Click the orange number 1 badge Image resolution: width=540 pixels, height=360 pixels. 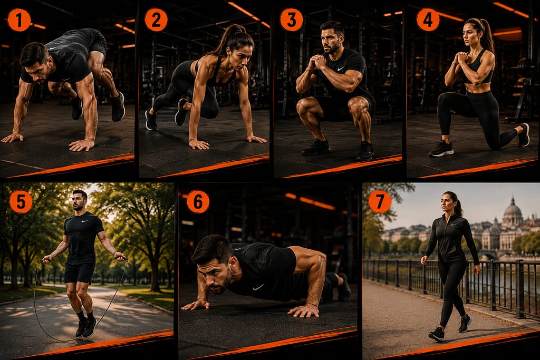[x=19, y=20]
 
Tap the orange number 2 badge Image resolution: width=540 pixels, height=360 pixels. [x=156, y=20]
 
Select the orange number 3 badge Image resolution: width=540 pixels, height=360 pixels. [x=292, y=20]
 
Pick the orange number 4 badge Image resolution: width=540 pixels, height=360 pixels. [x=428, y=20]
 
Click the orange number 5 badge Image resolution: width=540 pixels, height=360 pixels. [x=21, y=202]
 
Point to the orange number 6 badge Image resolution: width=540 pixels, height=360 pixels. [x=198, y=202]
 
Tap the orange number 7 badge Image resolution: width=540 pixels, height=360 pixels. [x=380, y=202]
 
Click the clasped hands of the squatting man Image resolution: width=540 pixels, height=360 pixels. [x=316, y=62]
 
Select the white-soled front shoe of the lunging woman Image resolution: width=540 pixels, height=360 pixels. [x=441, y=149]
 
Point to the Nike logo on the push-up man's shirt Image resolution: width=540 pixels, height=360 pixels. [x=258, y=287]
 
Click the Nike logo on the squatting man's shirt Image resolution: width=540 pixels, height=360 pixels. [x=340, y=69]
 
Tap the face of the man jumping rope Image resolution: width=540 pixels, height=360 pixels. [x=79, y=202]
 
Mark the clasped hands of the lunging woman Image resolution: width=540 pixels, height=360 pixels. [x=461, y=58]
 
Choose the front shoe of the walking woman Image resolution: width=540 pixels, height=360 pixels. [x=436, y=334]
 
